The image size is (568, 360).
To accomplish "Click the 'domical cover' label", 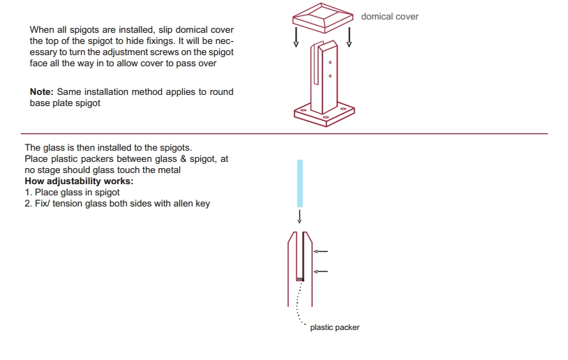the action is (x=389, y=16).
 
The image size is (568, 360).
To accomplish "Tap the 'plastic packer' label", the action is (x=335, y=327).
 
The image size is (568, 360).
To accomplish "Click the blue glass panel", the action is (x=300, y=183).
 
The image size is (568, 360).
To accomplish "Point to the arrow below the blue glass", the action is (x=299, y=216).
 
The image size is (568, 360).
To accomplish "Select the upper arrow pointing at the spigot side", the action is (x=321, y=251).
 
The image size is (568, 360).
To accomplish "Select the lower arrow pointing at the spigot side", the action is (x=321, y=271).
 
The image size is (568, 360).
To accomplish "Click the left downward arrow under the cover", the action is (x=296, y=37).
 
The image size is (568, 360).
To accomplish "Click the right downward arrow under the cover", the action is (x=349, y=37).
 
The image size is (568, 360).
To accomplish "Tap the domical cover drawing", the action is (x=322, y=18).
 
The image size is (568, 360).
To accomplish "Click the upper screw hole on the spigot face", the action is (x=330, y=62).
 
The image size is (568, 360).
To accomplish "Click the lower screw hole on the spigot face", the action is (x=330, y=76).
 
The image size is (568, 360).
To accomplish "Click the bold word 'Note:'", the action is (x=41, y=91).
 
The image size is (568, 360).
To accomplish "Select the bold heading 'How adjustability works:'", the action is (x=79, y=181).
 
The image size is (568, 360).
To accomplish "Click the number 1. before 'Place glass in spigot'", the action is (x=28, y=193).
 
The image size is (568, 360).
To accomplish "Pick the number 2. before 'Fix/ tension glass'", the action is (x=28, y=204).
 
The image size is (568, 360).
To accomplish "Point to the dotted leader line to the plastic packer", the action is (x=298, y=302).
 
